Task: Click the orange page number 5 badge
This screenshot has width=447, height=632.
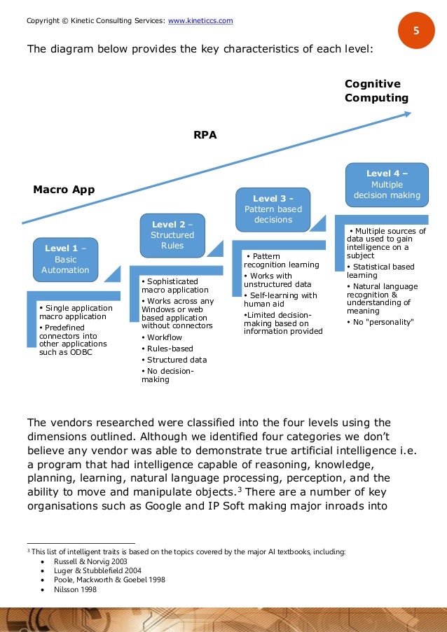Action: [x=416, y=31]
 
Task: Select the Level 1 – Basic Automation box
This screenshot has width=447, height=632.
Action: [x=65, y=259]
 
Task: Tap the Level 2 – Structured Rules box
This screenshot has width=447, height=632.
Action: [x=172, y=235]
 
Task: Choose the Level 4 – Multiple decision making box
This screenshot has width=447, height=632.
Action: [x=387, y=185]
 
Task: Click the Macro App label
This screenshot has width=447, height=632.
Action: [x=64, y=190]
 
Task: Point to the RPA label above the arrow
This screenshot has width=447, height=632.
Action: [x=205, y=136]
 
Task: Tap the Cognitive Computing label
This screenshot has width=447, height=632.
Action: [x=376, y=91]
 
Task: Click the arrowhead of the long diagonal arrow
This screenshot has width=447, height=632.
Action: [x=406, y=112]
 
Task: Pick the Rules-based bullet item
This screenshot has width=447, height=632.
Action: [x=169, y=349]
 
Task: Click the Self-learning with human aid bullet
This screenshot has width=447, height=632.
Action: [x=280, y=300]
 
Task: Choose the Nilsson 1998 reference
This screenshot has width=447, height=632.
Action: [x=75, y=589]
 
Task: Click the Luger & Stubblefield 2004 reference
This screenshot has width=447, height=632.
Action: [x=95, y=570]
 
